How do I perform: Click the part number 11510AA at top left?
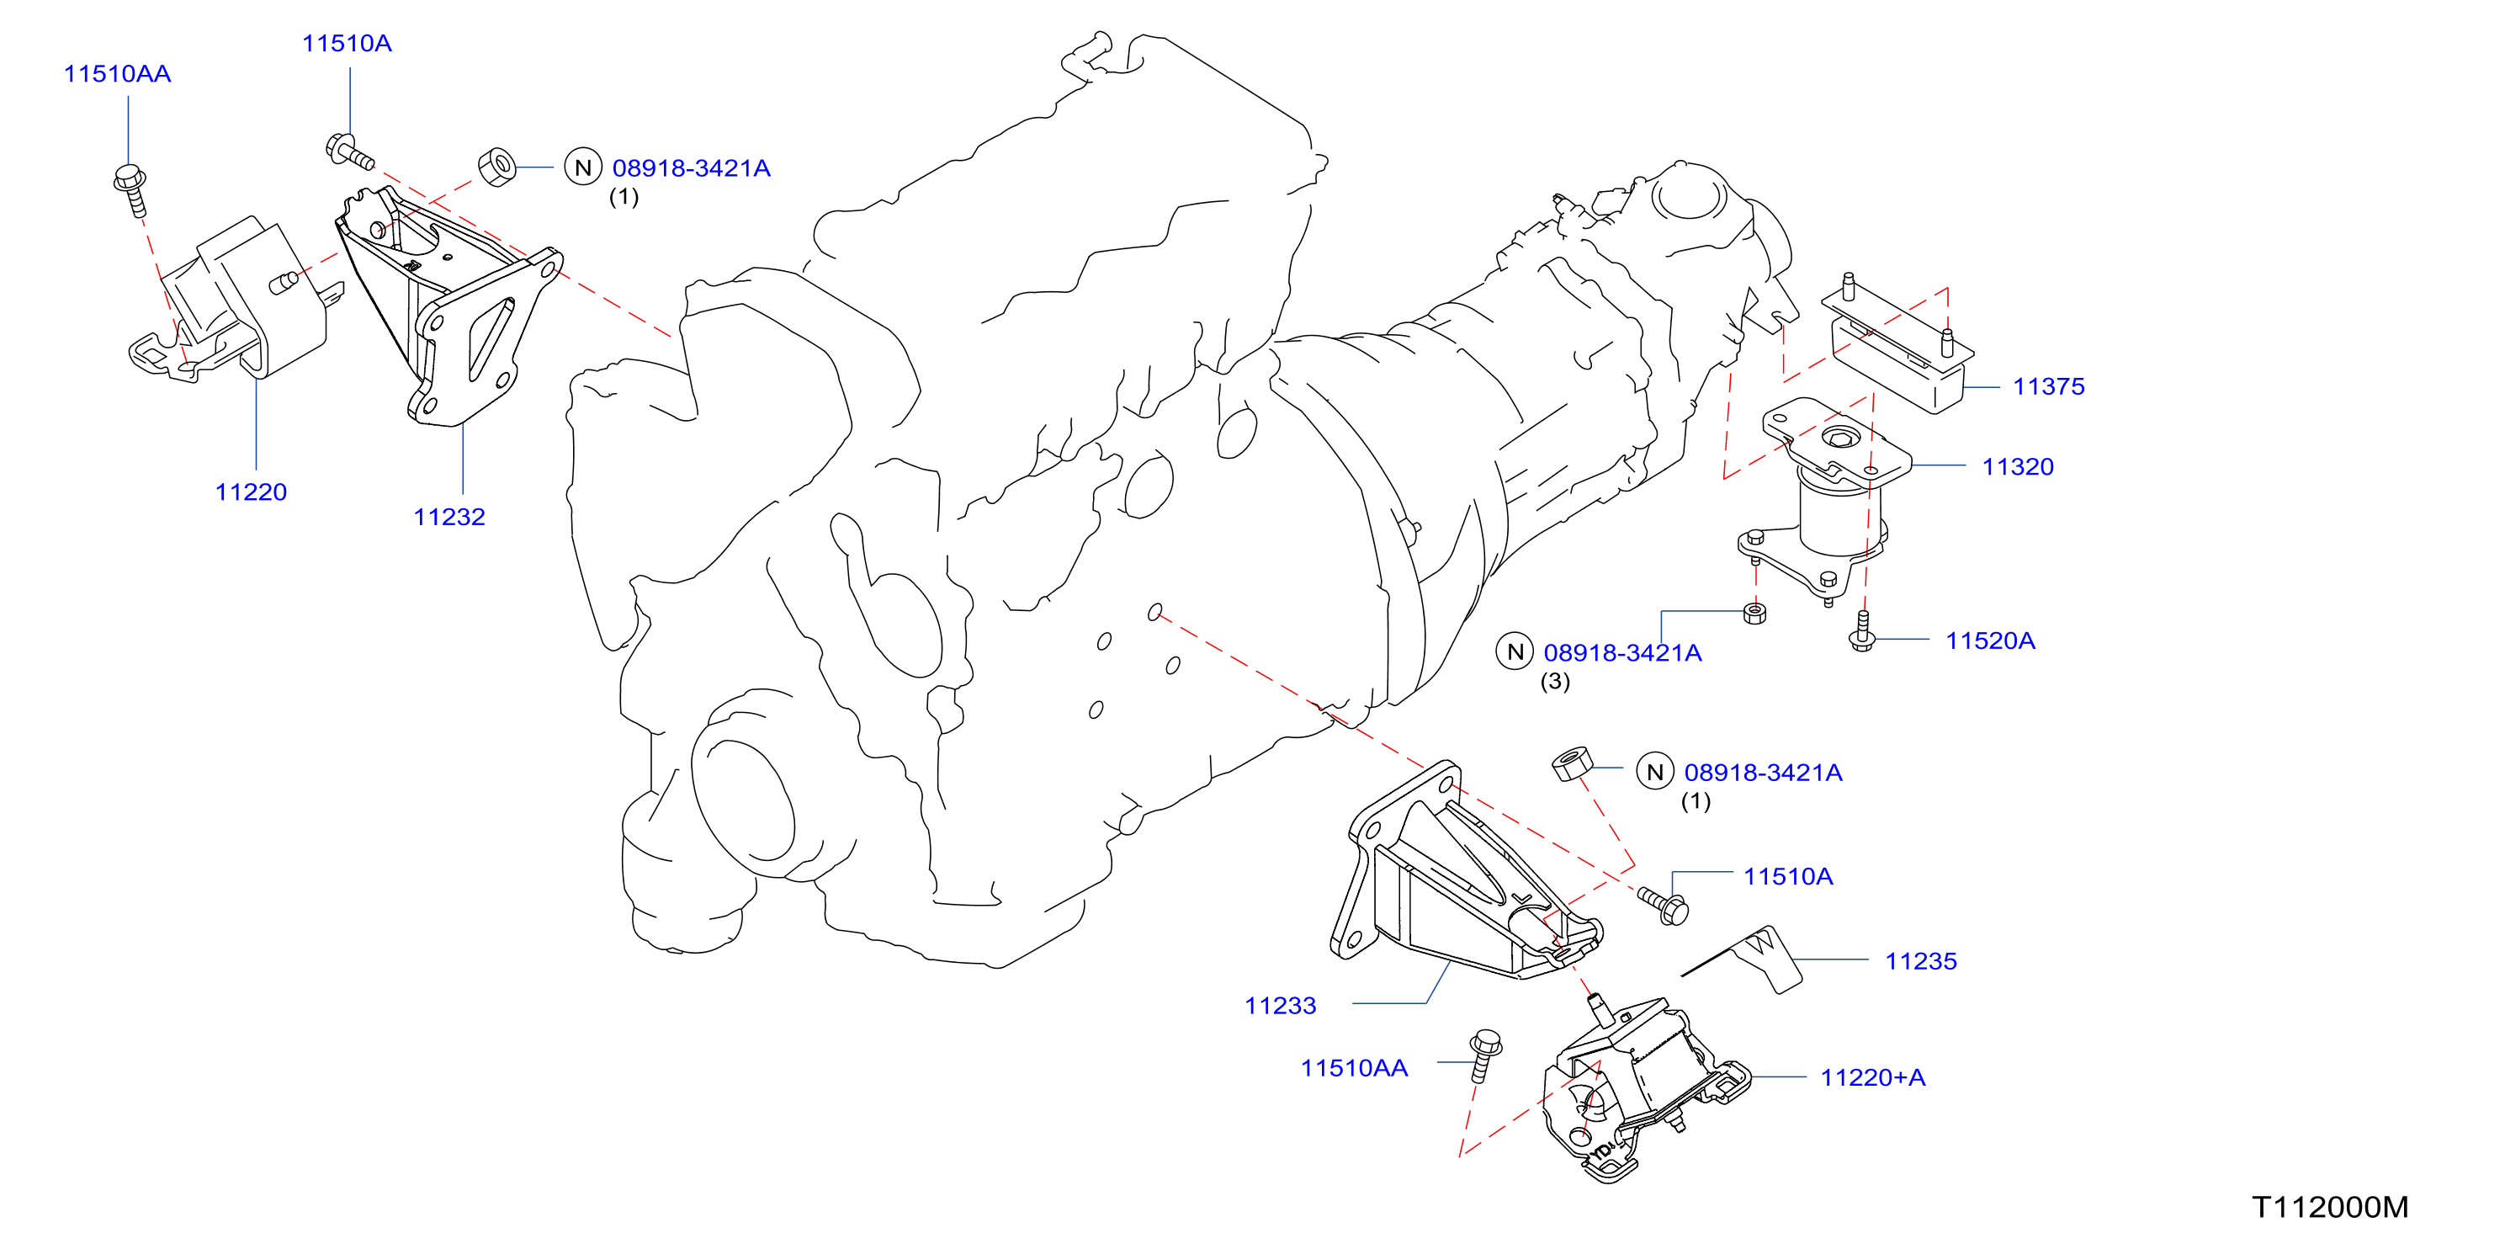pos(117,74)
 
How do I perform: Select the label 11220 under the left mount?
pos(251,492)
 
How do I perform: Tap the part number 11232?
pos(449,518)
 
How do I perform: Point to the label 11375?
pos(2048,386)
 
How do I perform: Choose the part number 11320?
pos(2018,467)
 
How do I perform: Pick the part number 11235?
pos(1920,961)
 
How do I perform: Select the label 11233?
pos(1281,1006)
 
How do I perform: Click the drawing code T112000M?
pos(2330,1207)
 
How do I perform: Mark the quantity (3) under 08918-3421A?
pos(1555,681)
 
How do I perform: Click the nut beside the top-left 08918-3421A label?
pos(498,167)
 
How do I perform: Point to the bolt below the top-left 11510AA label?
pos(131,189)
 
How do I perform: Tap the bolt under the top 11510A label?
pos(349,151)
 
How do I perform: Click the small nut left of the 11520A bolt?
pos(1755,613)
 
